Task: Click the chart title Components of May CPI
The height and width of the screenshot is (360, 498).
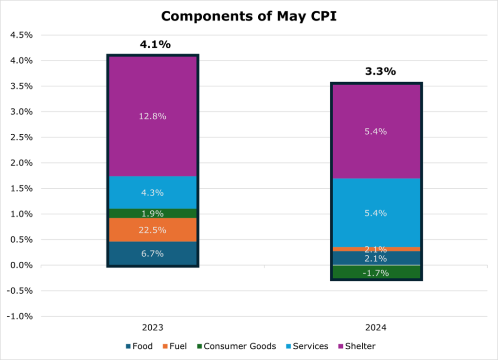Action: tap(249, 16)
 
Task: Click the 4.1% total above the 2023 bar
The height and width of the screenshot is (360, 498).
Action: tap(155, 45)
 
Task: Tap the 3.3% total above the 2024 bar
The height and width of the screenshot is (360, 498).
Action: tap(380, 72)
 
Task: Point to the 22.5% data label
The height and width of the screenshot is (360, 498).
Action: tap(152, 230)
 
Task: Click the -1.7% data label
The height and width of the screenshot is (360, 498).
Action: tap(376, 273)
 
